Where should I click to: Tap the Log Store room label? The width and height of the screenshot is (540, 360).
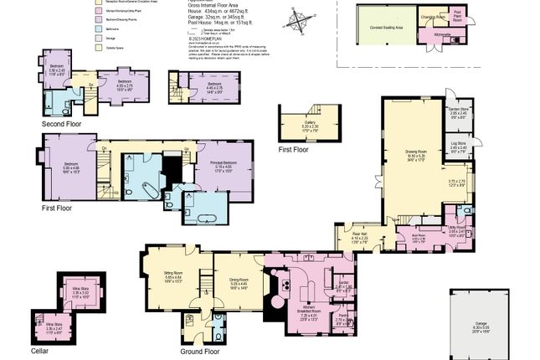(456, 146)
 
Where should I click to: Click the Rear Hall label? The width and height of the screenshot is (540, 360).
(360, 237)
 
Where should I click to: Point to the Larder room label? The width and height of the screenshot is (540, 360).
(343, 286)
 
